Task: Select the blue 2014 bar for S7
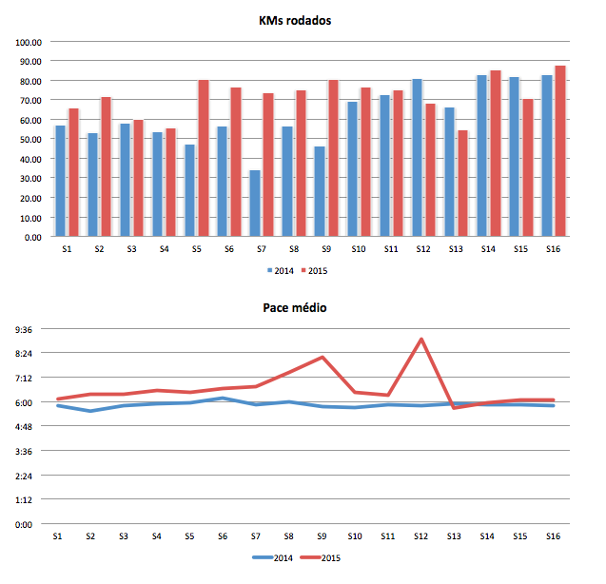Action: (254, 204)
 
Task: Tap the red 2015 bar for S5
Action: (204, 158)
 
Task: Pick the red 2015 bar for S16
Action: (560, 151)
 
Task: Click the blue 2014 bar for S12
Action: (417, 158)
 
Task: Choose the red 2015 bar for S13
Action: (462, 184)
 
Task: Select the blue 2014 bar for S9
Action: (320, 191)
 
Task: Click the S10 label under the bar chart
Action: (359, 249)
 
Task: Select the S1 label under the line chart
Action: (58, 536)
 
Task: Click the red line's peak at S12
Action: (420, 339)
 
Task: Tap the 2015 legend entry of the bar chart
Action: (318, 270)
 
